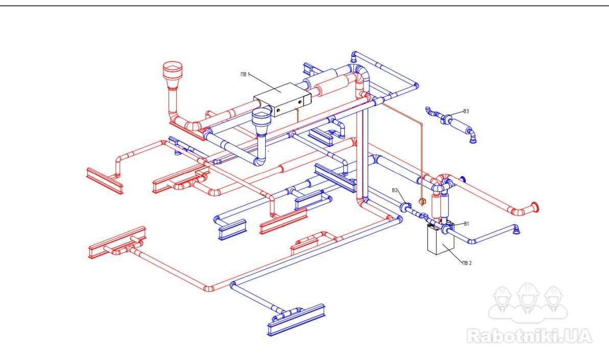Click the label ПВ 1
(x=245, y=74)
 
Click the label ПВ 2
(x=467, y=263)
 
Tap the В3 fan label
(x=466, y=111)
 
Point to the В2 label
(x=395, y=190)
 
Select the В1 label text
(x=466, y=224)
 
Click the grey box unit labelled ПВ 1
(x=283, y=100)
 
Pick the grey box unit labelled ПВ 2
(x=440, y=239)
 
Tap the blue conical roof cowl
(x=262, y=121)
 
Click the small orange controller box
(x=422, y=201)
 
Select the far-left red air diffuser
(x=104, y=181)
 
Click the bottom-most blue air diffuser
(x=296, y=320)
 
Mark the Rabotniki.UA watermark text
(x=529, y=335)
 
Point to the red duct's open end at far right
(x=534, y=207)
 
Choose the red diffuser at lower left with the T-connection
(x=117, y=243)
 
